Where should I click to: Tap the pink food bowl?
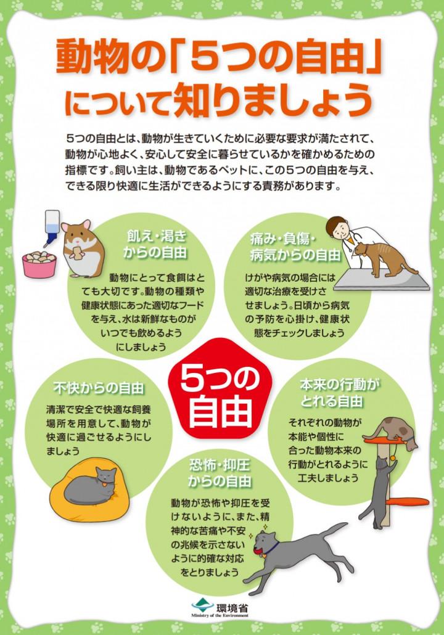click(x=39, y=264)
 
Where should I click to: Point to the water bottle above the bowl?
click(x=51, y=227)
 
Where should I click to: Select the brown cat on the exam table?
click(x=381, y=259)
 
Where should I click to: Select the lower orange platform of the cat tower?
click(x=407, y=502)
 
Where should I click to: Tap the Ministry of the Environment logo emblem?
click(x=202, y=606)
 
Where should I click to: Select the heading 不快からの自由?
click(x=99, y=388)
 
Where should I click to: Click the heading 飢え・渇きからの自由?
click(x=155, y=244)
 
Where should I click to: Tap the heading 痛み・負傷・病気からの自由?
click(x=295, y=247)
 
